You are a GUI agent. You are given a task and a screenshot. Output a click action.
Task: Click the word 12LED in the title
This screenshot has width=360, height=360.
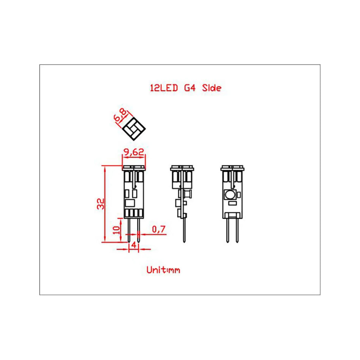164,88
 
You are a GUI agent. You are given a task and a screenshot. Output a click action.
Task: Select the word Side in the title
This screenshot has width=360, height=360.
211,88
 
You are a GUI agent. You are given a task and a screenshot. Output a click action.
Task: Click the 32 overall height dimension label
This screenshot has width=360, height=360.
100,204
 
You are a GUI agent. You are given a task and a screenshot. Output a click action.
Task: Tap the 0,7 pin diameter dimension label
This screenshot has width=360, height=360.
158,229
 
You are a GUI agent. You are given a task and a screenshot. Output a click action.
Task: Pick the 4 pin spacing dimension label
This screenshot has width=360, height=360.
133,245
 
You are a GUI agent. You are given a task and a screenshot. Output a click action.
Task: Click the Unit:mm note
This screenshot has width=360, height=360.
163,270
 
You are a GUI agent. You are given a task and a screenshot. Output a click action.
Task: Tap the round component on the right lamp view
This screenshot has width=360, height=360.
230,195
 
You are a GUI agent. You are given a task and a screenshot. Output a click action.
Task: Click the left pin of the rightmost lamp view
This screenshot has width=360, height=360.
228,229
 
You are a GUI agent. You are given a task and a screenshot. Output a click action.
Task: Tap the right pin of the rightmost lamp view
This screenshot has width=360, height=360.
237,229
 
